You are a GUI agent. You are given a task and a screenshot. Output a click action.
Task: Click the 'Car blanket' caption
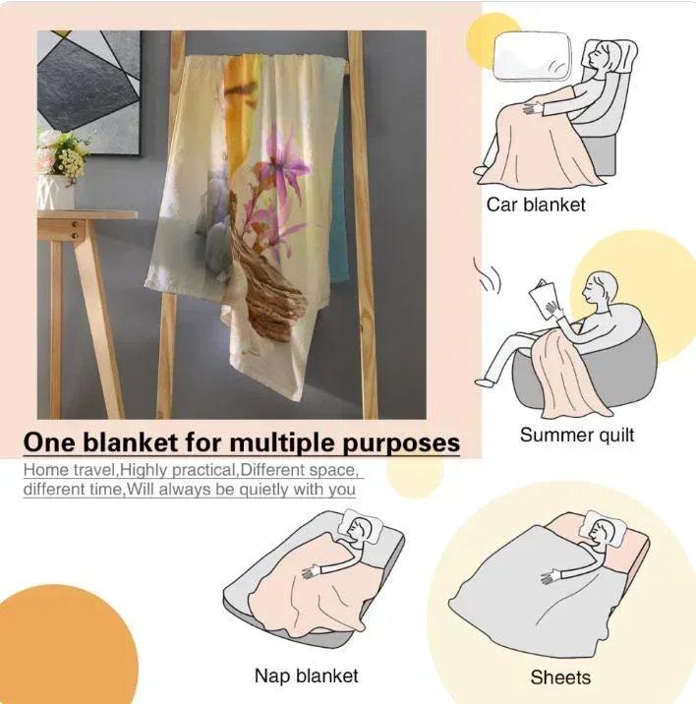tap(536, 205)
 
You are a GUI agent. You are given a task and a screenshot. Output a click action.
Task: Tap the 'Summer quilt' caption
tap(577, 435)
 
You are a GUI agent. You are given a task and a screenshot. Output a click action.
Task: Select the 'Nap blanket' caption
tap(307, 675)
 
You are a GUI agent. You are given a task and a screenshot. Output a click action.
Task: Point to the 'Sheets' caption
tap(560, 677)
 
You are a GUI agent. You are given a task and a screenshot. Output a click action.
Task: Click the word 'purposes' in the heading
tap(401, 444)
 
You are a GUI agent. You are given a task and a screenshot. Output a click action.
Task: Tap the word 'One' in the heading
tap(49, 442)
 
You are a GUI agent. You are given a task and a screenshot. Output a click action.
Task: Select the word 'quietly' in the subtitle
tap(263, 490)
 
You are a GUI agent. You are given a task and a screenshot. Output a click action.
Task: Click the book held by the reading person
tap(545, 299)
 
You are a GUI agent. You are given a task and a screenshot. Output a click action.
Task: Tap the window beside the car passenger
tap(533, 57)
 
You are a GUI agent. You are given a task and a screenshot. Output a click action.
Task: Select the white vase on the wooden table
tap(56, 193)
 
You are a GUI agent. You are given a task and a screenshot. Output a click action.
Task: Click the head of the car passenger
tap(603, 56)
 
